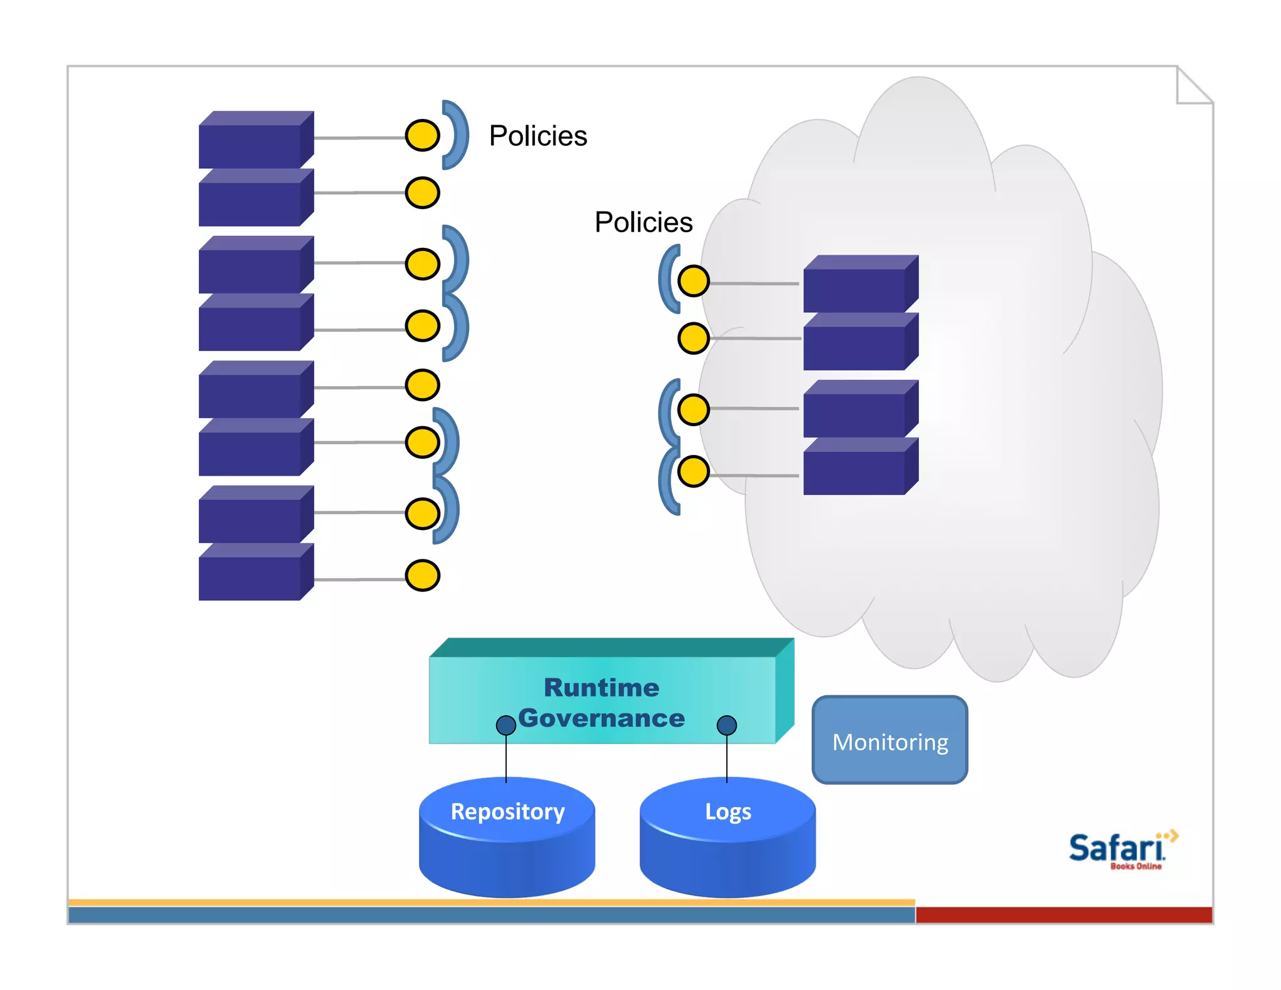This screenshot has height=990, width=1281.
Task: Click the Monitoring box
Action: (x=889, y=740)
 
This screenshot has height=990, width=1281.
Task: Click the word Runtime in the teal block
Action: (x=601, y=688)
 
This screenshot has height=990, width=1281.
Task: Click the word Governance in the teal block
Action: (x=601, y=718)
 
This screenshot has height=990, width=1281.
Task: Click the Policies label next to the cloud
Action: (x=644, y=222)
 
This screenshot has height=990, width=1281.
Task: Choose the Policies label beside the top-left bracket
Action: (x=538, y=136)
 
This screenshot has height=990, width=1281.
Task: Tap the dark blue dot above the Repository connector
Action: (x=505, y=725)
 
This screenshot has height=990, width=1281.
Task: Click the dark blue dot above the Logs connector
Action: (x=726, y=725)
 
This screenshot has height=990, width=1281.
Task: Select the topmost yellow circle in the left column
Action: (x=422, y=135)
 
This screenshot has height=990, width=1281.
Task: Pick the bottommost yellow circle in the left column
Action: (x=422, y=576)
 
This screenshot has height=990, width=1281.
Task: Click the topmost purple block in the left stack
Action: (x=255, y=141)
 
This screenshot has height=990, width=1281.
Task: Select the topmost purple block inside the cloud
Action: (x=860, y=285)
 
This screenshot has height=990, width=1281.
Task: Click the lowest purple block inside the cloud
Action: (x=860, y=467)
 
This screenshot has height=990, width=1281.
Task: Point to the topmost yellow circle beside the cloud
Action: (x=693, y=280)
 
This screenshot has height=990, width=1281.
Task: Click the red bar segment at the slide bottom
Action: (x=1063, y=914)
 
